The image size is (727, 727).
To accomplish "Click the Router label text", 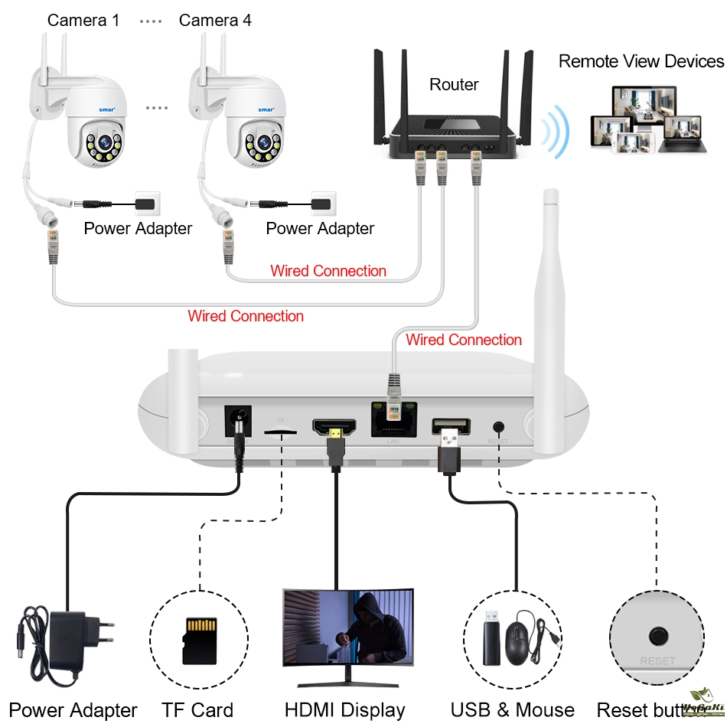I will pos(454,85).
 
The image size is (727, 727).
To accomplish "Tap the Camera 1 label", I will pos(83,21).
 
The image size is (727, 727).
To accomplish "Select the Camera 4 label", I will pos(215,21).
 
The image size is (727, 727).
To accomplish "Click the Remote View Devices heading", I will pos(641,62).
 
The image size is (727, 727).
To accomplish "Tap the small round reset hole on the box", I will pos(500,427).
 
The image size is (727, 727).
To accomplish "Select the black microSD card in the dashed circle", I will pos(199,640).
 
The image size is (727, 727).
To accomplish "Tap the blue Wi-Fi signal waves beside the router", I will pos(555,131).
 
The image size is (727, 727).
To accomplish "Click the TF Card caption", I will pos(197,710).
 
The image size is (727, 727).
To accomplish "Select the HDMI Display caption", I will pos(344,710).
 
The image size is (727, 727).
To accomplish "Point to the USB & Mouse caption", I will pos(512,710).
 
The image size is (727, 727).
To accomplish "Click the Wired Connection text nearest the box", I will pos(464,340).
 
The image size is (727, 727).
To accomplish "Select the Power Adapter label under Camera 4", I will pos(320,228).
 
